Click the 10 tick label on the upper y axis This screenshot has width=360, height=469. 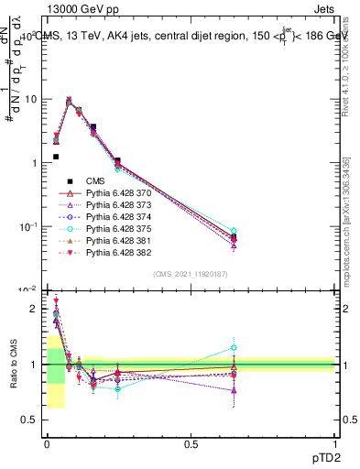28,99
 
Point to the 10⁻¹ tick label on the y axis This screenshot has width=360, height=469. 27,226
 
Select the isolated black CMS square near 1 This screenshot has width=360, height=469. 56,157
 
